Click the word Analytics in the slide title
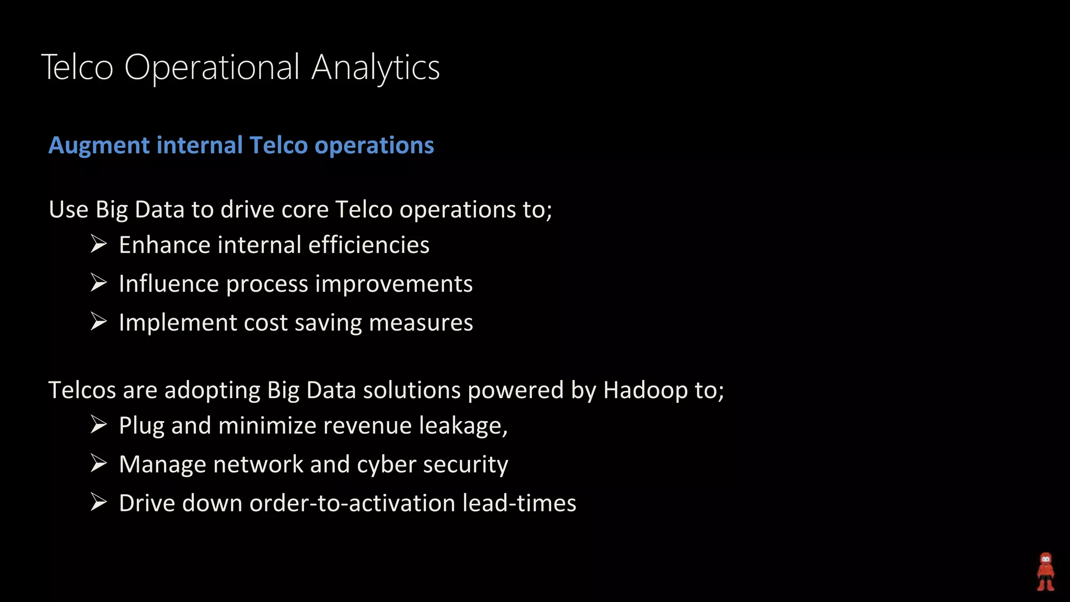click(376, 67)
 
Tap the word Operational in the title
click(212, 67)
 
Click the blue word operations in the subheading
click(374, 145)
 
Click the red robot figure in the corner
click(1045, 572)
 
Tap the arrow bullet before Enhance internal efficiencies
click(98, 244)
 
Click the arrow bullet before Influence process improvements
click(98, 283)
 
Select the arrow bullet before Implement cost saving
click(98, 321)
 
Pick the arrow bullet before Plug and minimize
click(98, 424)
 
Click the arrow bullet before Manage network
click(98, 463)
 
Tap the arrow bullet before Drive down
click(98, 502)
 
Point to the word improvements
click(394, 284)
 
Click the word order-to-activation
click(352, 503)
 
